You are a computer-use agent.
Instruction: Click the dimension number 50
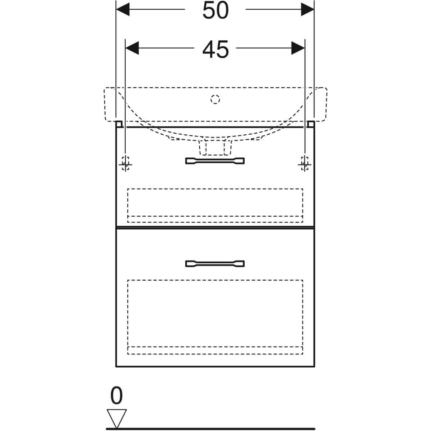pyautogui.click(x=215, y=10)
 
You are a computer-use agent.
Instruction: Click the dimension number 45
pyautogui.click(x=215, y=49)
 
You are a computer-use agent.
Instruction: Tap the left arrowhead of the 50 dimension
pyautogui.click(x=123, y=9)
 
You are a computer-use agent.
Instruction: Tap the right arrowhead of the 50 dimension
pyautogui.click(x=307, y=9)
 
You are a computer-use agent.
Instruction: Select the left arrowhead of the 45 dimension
pyautogui.click(x=132, y=48)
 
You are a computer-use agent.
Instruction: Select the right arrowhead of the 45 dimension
pyautogui.click(x=298, y=48)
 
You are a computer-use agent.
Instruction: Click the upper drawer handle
pyautogui.click(x=215, y=161)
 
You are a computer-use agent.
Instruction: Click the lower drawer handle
pyautogui.click(x=215, y=264)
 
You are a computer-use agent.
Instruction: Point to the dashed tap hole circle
pyautogui.click(x=215, y=99)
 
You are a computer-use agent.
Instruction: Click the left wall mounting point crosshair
pyautogui.click(x=125, y=164)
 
